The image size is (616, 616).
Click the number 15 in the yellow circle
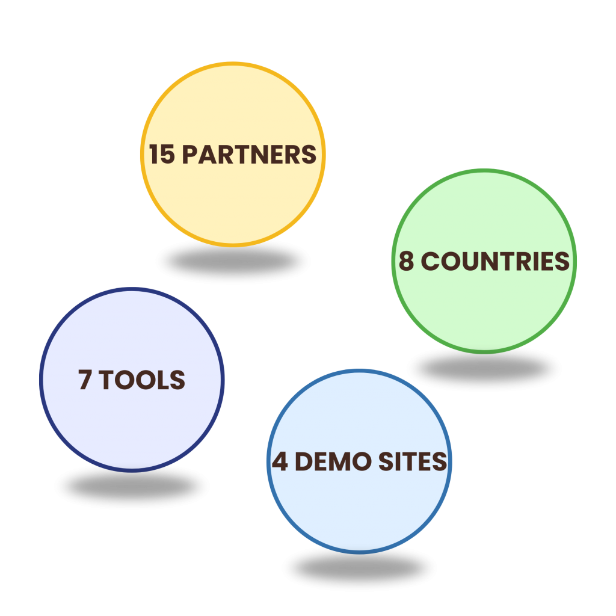162,154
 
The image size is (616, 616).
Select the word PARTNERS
249,154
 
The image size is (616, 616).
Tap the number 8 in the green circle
407,261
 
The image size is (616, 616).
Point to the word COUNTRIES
496,261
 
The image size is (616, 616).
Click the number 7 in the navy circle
85,380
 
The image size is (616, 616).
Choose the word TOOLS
141,380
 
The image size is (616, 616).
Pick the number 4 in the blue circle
280,461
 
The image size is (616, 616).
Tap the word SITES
413,461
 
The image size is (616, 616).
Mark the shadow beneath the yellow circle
233,261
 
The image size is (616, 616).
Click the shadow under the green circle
484,368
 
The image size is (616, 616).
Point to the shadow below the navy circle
132,487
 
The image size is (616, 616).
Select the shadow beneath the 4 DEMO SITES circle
360,568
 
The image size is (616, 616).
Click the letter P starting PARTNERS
189,154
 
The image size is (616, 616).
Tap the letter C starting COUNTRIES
430,261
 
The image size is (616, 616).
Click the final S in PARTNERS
309,154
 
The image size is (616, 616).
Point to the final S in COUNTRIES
562,261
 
